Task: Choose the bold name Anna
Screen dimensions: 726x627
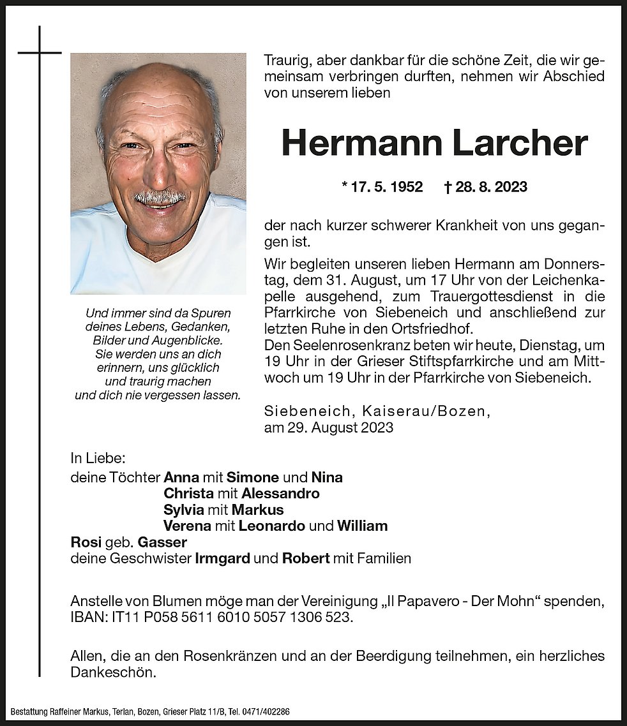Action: (181, 477)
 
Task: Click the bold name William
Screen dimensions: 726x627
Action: (362, 526)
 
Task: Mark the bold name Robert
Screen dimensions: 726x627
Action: (305, 559)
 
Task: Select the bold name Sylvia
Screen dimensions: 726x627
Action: (183, 510)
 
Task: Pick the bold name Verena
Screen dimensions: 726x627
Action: (188, 526)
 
